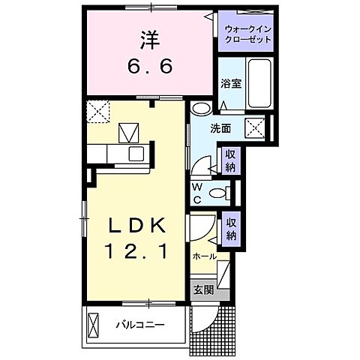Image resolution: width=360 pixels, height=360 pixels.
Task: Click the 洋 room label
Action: (x=148, y=37)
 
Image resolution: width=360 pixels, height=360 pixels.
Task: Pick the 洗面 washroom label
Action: (x=220, y=128)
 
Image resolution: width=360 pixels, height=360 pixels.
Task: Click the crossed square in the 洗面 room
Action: (x=256, y=127)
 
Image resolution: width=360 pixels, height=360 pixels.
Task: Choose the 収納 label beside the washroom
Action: (x=230, y=160)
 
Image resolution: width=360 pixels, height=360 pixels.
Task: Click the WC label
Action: (x=196, y=192)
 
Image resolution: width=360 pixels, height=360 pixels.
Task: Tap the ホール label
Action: (x=204, y=256)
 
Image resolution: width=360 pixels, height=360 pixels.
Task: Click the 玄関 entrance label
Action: (x=203, y=290)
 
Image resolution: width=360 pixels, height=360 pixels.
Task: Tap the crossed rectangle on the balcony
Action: (x=93, y=325)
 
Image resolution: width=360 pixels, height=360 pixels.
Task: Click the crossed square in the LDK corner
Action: (x=97, y=112)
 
